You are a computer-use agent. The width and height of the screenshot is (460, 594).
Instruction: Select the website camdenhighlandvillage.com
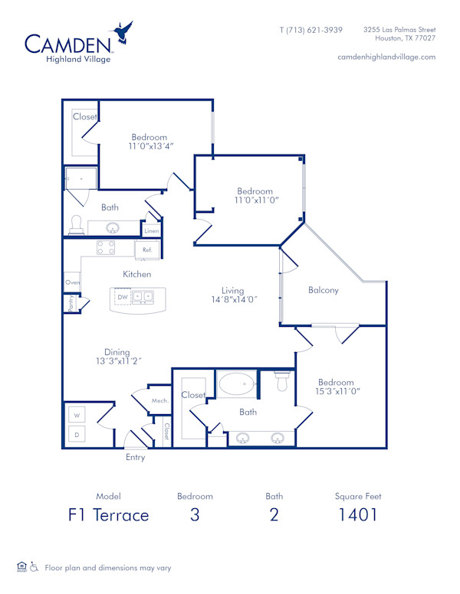[x=386, y=57]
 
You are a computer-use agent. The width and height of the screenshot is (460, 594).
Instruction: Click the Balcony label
[x=323, y=290]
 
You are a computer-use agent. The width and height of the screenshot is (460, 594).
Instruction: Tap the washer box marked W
[x=77, y=415]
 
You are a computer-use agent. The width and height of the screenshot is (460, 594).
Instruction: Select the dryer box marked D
[x=77, y=435]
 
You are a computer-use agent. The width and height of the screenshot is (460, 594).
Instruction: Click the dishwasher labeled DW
[x=122, y=297]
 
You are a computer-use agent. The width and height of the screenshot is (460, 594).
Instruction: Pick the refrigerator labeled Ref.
[x=147, y=250]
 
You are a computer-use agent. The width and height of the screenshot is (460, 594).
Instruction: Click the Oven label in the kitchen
[x=72, y=282]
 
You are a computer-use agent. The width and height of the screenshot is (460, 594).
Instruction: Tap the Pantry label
[x=70, y=303]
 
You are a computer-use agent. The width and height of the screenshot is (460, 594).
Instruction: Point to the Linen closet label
[x=152, y=230]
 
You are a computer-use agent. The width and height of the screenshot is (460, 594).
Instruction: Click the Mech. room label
[x=159, y=400]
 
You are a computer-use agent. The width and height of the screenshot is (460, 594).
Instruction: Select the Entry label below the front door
[x=135, y=458]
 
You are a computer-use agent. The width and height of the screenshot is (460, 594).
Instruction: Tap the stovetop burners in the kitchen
[x=106, y=248]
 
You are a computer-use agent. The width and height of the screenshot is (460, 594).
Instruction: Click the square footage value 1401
[x=358, y=514]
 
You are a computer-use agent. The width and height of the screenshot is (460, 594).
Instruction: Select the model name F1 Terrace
[x=108, y=514]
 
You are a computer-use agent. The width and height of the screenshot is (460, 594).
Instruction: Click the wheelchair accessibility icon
[x=34, y=567]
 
